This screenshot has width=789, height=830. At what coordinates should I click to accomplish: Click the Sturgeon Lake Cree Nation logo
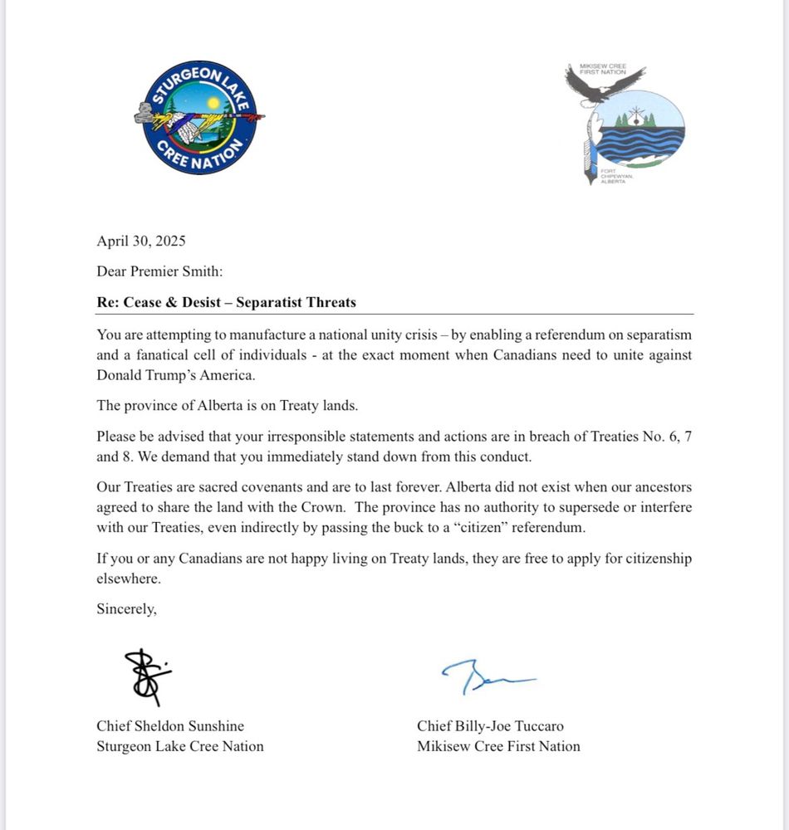[198, 118]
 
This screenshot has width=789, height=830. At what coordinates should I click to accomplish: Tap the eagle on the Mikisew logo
[604, 84]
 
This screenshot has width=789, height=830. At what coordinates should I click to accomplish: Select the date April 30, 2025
[141, 242]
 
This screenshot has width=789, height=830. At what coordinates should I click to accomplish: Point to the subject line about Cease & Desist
[226, 302]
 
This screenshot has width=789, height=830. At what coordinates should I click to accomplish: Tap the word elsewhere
[129, 579]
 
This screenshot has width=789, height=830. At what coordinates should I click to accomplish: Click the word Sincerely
[126, 608]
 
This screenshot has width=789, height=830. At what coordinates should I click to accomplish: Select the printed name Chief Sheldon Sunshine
[170, 725]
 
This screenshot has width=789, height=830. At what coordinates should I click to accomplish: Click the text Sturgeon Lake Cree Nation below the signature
[180, 746]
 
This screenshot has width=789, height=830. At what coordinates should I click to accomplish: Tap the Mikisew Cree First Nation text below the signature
[498, 746]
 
